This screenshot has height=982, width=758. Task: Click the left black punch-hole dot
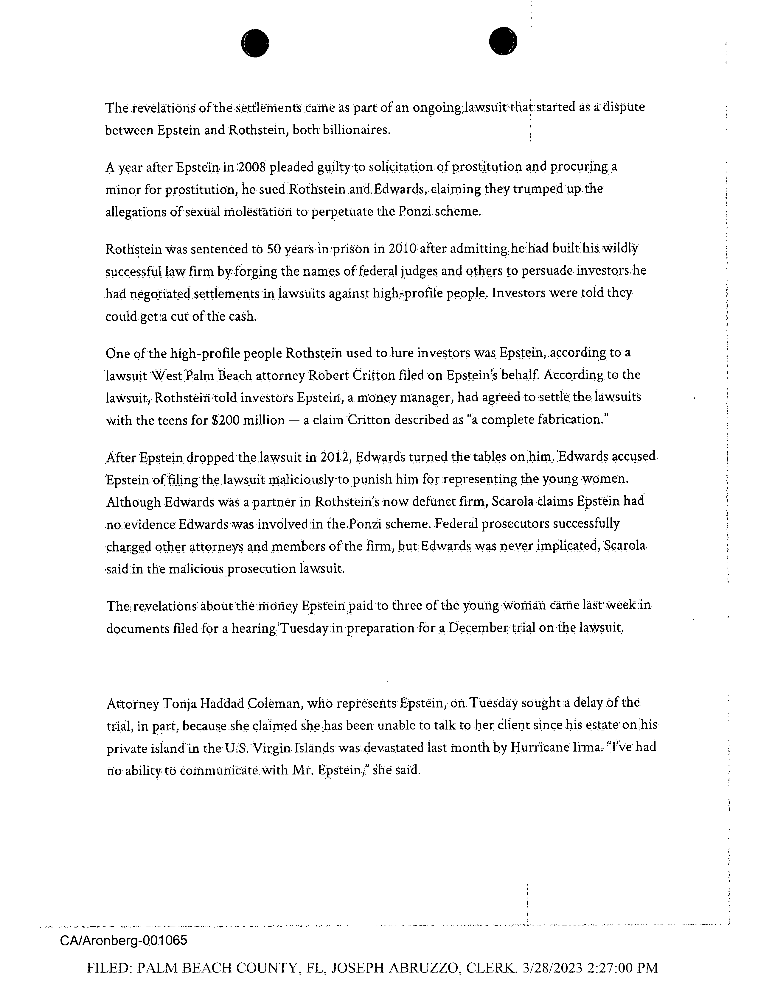255,43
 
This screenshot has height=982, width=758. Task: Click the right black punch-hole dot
503,41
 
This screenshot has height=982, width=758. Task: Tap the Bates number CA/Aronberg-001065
124,940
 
